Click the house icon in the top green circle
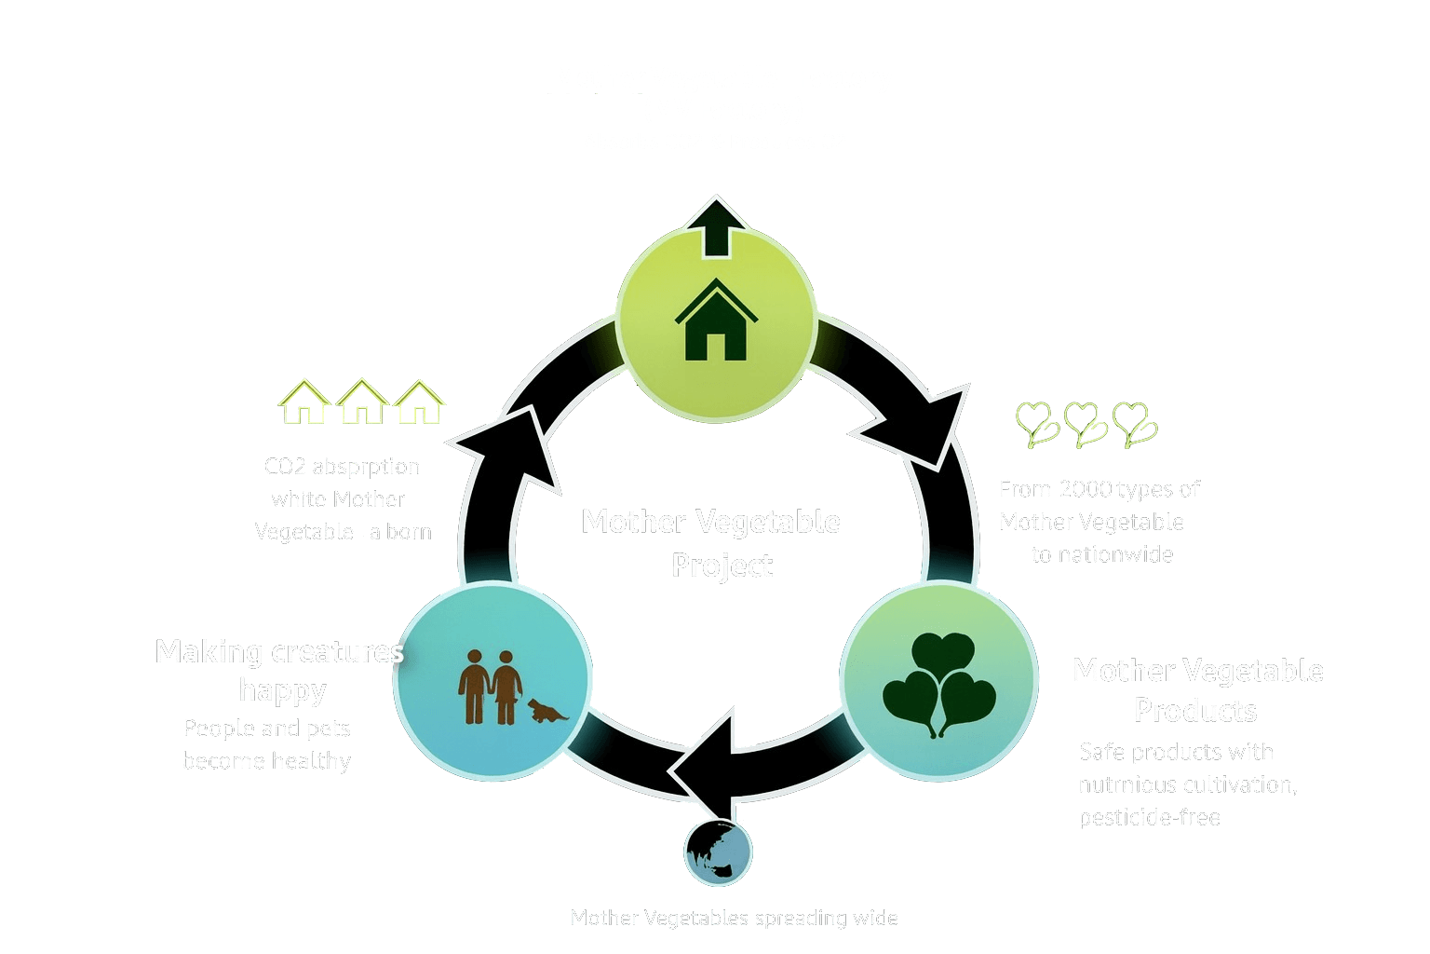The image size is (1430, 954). pyautogui.click(x=715, y=321)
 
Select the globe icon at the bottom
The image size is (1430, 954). pyautogui.click(x=718, y=852)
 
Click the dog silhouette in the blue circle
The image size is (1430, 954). pyautogui.click(x=546, y=712)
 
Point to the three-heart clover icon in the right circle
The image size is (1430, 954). pyautogui.click(x=938, y=685)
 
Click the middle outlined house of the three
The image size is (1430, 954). pyautogui.click(x=362, y=402)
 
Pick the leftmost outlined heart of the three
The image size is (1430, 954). pyautogui.click(x=1036, y=424)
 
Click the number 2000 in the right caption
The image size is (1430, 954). pyautogui.click(x=1085, y=489)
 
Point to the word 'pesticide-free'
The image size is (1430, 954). pyautogui.click(x=1149, y=817)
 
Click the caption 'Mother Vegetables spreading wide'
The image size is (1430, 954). pyautogui.click(x=734, y=918)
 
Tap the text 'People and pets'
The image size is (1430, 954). pyautogui.click(x=267, y=728)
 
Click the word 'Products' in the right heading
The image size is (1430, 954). pyautogui.click(x=1195, y=711)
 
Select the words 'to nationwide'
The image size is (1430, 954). pyautogui.click(x=1102, y=554)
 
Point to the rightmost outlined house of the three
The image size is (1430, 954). pyautogui.click(x=419, y=402)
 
